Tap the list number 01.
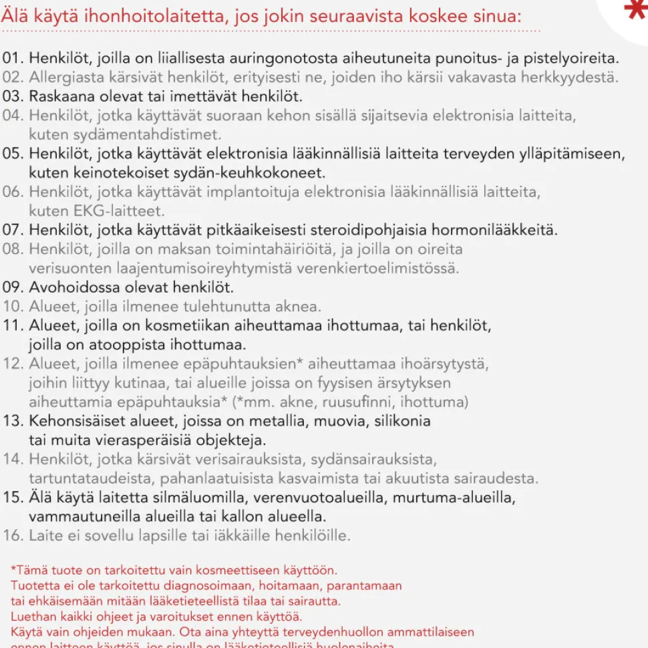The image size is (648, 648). (x=13, y=58)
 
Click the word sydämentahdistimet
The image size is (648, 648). (x=125, y=134)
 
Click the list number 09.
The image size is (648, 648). (x=13, y=288)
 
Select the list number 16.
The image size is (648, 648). (x=13, y=536)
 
